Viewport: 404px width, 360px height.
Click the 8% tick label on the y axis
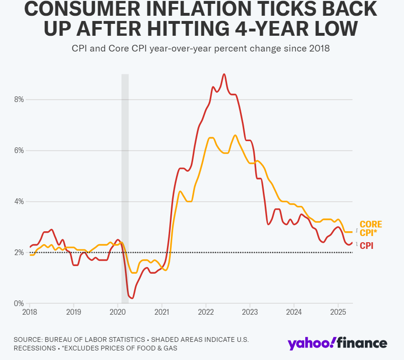[18, 100]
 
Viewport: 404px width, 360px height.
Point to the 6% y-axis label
[18, 151]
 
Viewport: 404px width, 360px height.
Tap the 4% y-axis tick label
[18, 202]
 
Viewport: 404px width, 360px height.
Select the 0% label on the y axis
[18, 303]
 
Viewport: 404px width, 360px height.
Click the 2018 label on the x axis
[30, 312]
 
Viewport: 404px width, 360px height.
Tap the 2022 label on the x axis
[206, 312]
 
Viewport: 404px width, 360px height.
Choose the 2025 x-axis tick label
[338, 312]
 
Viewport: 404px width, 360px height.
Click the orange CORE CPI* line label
[371, 228]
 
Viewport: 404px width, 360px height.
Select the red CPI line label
[366, 246]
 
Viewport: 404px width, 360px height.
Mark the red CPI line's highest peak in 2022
[224, 74]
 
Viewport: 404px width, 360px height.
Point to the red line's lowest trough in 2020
[132, 298]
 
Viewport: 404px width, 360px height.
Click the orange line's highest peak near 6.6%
[235, 135]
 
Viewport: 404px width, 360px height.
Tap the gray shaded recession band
[125, 191]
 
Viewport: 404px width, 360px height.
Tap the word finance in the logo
[363, 343]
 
